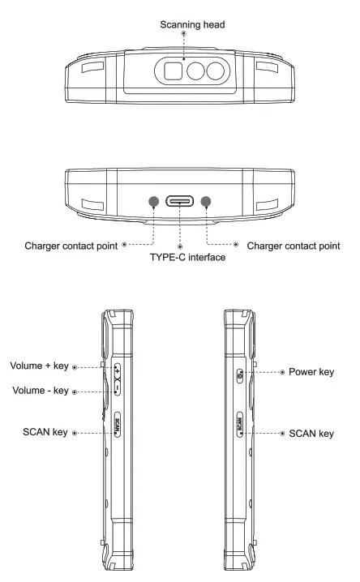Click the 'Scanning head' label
(183, 25)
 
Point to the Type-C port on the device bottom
(180, 200)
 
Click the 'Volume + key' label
(41, 365)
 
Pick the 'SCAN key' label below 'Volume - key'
(46, 434)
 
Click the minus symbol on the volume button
(118, 391)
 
